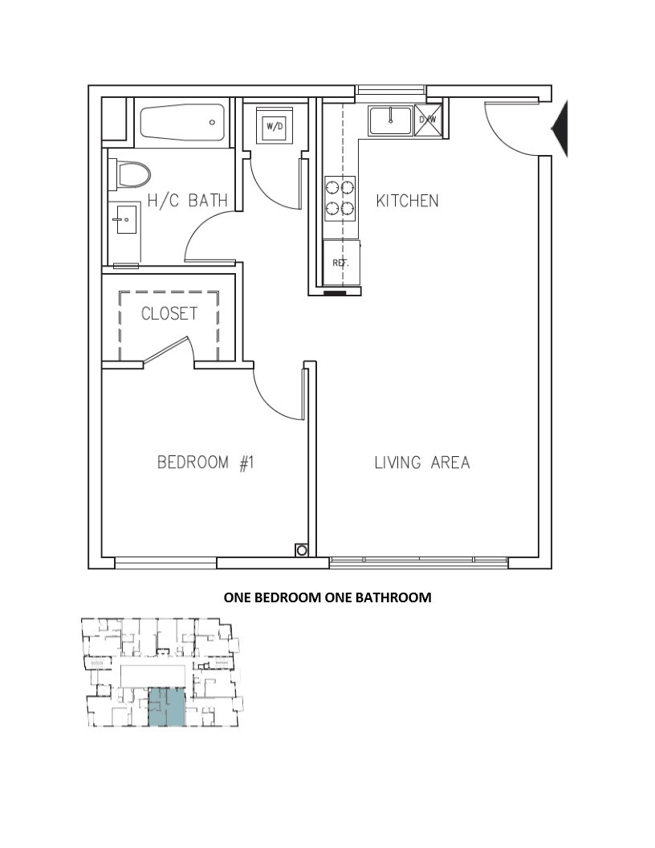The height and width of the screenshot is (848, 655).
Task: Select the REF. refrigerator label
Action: [340, 263]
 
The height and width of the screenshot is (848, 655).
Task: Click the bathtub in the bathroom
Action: [182, 122]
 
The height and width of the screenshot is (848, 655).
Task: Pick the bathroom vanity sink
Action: [124, 219]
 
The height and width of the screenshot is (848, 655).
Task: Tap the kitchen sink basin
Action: [389, 120]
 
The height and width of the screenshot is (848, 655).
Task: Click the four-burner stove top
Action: [340, 198]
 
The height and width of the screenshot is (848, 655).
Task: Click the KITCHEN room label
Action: [407, 201]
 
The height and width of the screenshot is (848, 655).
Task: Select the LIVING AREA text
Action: [422, 463]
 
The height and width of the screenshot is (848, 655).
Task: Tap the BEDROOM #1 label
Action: [205, 463]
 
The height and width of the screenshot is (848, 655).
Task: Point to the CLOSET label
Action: [169, 313]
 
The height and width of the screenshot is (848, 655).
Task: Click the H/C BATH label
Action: [188, 201]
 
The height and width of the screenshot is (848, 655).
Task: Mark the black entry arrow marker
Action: [560, 128]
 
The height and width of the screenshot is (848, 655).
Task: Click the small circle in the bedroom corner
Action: [302, 551]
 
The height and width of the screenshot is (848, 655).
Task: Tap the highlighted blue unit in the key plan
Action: [166, 707]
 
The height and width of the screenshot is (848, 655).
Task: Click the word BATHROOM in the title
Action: [397, 597]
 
